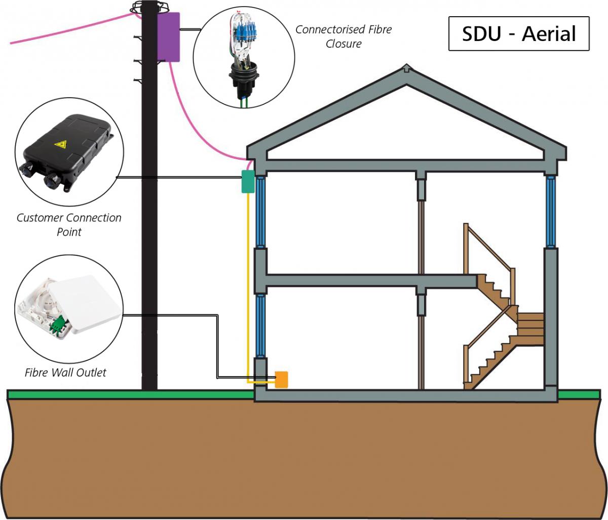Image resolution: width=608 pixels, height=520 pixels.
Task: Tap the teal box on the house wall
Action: click(x=247, y=181)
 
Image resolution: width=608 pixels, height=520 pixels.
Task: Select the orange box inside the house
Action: click(x=281, y=379)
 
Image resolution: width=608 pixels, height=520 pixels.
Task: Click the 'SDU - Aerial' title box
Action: click(x=519, y=34)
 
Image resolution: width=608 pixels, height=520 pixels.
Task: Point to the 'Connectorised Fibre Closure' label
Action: click(x=344, y=36)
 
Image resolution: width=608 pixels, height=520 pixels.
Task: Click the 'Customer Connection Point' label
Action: click(x=69, y=225)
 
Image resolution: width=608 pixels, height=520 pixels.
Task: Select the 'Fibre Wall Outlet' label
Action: click(x=65, y=373)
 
